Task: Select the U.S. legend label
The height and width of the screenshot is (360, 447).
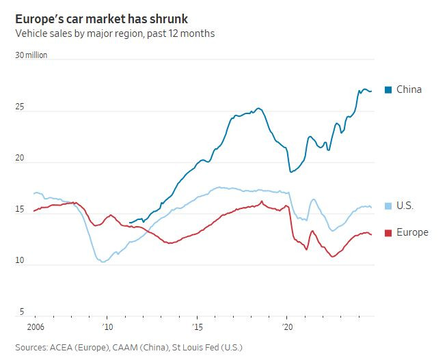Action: (x=405, y=206)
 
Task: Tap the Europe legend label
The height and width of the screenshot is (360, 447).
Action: (x=413, y=232)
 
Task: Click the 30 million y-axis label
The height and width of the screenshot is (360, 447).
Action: (x=31, y=55)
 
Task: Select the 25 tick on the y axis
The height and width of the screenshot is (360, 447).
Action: (x=21, y=107)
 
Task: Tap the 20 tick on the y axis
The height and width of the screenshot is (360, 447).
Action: (x=21, y=158)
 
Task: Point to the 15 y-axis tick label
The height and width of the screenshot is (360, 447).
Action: (x=21, y=210)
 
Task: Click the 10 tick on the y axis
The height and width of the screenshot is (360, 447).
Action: (x=21, y=261)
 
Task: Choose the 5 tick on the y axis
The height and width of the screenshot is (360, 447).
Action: (x=22, y=312)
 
